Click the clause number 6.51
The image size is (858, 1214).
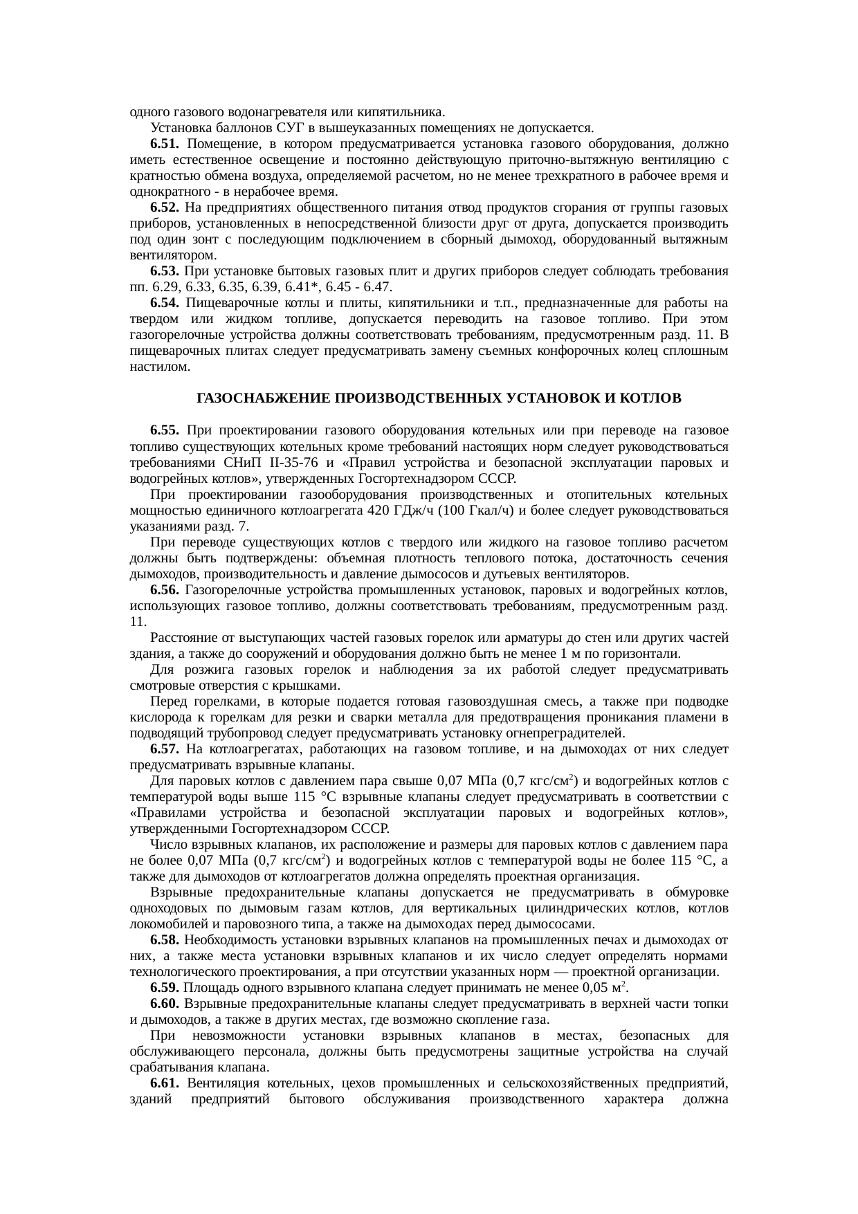pyautogui.click(x=165, y=145)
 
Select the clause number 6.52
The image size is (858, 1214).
pyautogui.click(x=165, y=208)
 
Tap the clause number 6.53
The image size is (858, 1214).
pyautogui.click(x=165, y=272)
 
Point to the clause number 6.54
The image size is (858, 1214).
pyautogui.click(x=165, y=304)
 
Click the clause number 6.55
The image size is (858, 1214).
pyautogui.click(x=165, y=431)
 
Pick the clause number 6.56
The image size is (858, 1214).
pyautogui.click(x=165, y=590)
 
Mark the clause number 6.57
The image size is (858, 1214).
pyautogui.click(x=165, y=749)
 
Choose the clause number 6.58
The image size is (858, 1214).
pyautogui.click(x=165, y=940)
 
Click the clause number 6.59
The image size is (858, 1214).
pyautogui.click(x=165, y=988)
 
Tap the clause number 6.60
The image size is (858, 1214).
pyautogui.click(x=165, y=1004)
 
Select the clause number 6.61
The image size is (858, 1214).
pyautogui.click(x=165, y=1083)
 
